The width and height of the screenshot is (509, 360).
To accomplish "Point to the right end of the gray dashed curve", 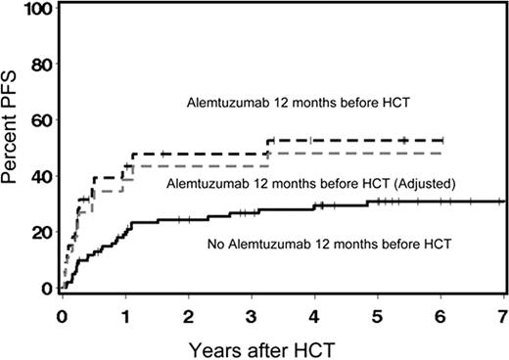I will click(x=442, y=153).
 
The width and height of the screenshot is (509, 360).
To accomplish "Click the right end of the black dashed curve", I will click(x=442, y=141).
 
